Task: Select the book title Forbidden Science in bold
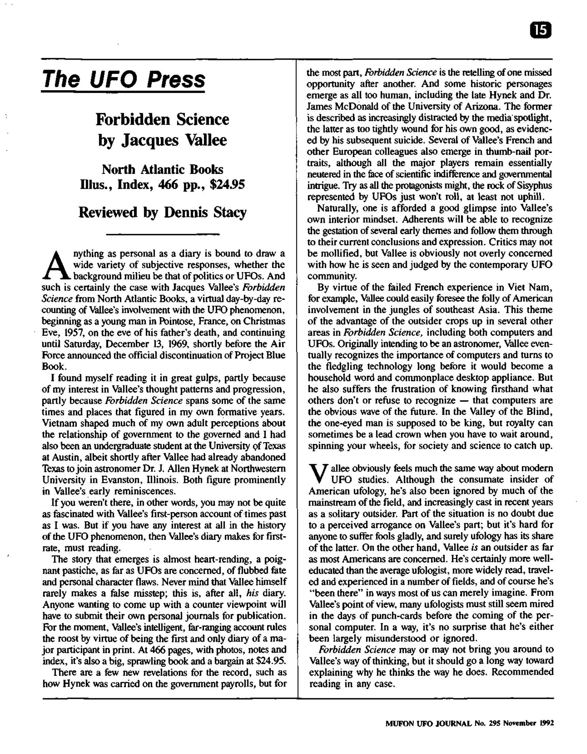[162, 119]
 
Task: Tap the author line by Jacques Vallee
[162, 140]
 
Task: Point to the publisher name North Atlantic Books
[162, 169]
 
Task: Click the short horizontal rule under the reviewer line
[162, 235]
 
